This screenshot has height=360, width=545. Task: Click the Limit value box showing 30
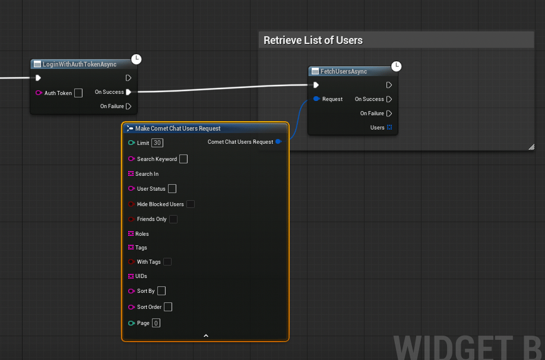157,143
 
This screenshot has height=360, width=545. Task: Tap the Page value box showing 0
156,323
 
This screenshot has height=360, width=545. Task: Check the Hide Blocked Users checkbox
191,204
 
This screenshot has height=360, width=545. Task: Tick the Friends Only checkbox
173,219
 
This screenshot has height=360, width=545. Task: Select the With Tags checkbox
167,262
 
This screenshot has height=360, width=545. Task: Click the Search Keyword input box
183,159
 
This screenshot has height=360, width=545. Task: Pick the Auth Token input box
78,93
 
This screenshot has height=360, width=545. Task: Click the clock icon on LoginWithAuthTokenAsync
137,59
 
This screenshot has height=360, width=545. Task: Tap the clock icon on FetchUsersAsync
396,66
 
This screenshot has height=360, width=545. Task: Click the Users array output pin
389,127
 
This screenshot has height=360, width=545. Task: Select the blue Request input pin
316,99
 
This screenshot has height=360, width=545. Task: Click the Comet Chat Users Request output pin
278,141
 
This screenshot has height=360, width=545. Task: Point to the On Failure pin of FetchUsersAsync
389,113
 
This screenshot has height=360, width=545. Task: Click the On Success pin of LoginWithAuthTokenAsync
129,92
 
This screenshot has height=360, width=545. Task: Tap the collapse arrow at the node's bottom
206,336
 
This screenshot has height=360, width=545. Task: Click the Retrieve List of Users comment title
313,40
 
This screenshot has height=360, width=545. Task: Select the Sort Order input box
168,307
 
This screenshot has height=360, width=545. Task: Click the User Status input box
172,188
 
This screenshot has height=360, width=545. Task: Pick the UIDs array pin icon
131,276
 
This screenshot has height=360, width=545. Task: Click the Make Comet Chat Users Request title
178,128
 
